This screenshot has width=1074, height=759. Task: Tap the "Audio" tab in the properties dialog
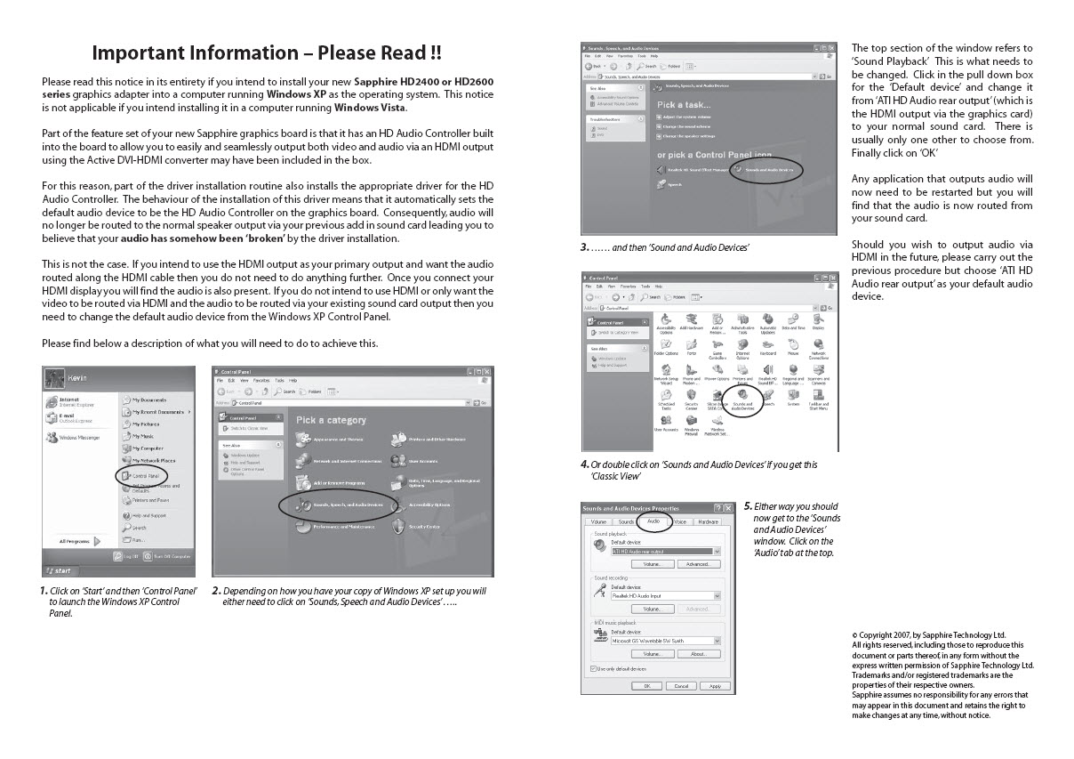click(x=653, y=521)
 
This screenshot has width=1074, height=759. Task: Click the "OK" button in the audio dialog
click(x=647, y=686)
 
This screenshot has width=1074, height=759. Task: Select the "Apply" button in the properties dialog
click(x=715, y=686)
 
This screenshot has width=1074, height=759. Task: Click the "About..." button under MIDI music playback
click(x=698, y=654)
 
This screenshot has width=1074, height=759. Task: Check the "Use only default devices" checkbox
click(x=594, y=668)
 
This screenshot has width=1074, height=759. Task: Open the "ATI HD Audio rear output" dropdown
click(x=717, y=552)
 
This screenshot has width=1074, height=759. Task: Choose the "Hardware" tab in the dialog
click(x=708, y=521)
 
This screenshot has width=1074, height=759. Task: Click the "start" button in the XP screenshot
click(x=60, y=570)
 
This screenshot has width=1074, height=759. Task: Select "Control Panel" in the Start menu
click(x=142, y=477)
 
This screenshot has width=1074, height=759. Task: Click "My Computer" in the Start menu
click(x=147, y=448)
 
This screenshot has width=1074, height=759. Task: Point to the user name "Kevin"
click(x=77, y=378)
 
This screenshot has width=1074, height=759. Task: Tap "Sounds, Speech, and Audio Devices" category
click(x=348, y=505)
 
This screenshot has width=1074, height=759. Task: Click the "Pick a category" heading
click(x=331, y=420)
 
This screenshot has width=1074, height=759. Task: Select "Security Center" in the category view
click(x=423, y=527)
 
